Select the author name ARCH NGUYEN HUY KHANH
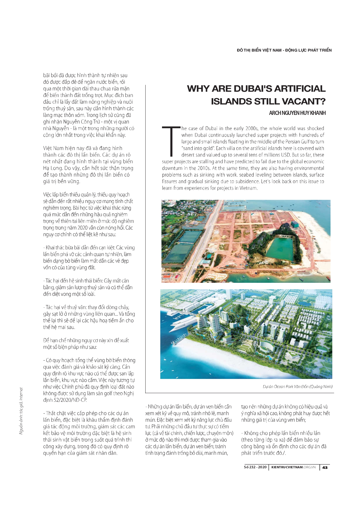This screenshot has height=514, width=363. coord(297,113)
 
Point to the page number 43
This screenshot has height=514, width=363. coord(325,467)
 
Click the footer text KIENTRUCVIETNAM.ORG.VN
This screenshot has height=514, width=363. coord(293,467)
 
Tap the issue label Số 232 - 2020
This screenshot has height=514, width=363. coord(255,467)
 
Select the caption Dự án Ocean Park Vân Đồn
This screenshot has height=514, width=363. coord(297,387)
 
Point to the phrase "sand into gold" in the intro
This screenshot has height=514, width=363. coord(198,148)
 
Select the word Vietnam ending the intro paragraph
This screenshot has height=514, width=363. coord(248,188)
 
